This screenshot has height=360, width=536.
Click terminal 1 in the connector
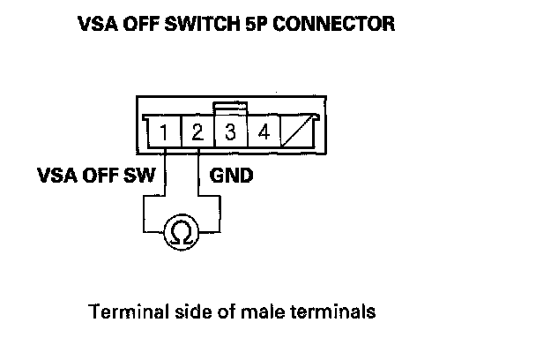point(165,134)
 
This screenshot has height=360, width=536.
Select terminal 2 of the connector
point(197,134)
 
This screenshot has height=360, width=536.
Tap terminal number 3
point(230,134)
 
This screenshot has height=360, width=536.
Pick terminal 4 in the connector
point(263,134)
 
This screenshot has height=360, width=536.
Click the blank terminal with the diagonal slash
point(296,134)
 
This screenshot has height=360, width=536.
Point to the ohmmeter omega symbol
point(181,233)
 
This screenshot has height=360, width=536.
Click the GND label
point(232,175)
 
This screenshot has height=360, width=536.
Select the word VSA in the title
point(100,25)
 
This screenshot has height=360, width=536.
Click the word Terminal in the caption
point(118,311)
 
